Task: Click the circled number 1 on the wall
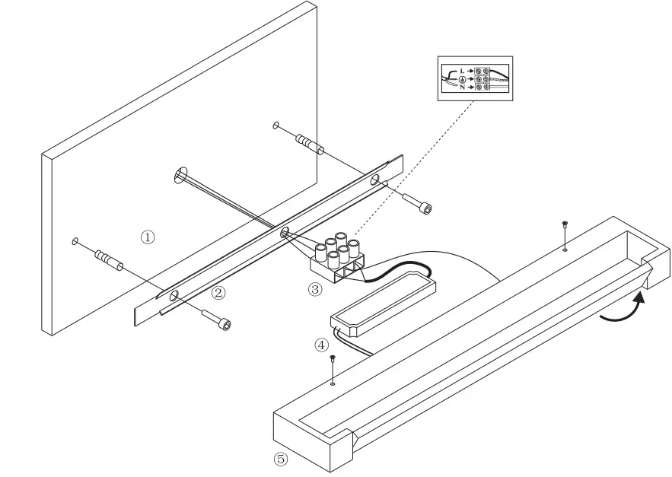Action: pyautogui.click(x=148, y=237)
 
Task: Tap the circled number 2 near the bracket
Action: pyautogui.click(x=218, y=292)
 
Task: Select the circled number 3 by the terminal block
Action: pyautogui.click(x=315, y=289)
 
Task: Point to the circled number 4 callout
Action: pyautogui.click(x=322, y=345)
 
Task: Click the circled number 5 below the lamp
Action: pyautogui.click(x=282, y=459)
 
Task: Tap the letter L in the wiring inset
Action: pyautogui.click(x=461, y=70)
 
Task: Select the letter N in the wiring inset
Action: pyautogui.click(x=461, y=87)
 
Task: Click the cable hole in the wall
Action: pyautogui.click(x=180, y=176)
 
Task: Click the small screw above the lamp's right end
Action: pyautogui.click(x=564, y=224)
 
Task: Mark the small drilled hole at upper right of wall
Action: pyautogui.click(x=276, y=125)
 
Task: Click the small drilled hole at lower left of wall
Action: pyautogui.click(x=75, y=242)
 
